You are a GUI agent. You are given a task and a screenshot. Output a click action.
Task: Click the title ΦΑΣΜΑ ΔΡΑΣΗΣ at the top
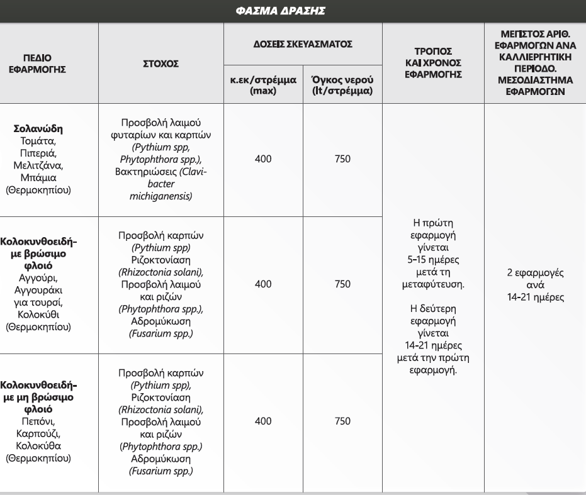293,11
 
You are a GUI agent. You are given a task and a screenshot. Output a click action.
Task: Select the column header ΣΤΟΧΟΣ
161,64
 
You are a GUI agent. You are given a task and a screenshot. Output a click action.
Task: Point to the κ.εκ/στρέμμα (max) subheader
264,86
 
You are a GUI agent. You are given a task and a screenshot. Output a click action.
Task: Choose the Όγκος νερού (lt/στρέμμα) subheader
343,86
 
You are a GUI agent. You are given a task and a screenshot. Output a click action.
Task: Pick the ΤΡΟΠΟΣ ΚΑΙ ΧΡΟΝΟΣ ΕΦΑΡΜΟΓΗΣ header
434,63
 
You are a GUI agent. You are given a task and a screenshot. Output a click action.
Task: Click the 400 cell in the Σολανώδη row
263,159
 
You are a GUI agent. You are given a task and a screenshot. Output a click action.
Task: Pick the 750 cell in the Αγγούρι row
342,284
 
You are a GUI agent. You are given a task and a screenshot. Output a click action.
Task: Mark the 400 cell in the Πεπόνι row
263,421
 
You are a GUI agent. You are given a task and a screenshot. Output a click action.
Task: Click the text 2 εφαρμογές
535,274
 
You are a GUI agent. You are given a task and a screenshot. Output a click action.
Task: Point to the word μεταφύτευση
433,285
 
